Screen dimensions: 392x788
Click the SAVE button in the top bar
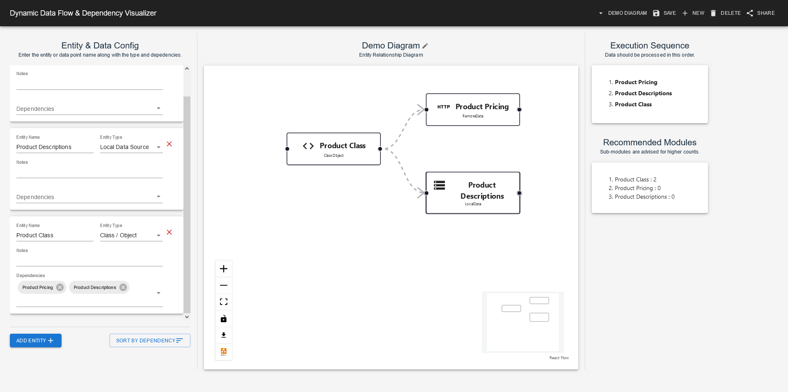[x=664, y=13]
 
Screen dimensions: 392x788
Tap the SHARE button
[x=761, y=13]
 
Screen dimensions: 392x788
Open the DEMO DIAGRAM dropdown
[x=623, y=13]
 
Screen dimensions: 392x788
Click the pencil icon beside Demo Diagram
[x=425, y=46]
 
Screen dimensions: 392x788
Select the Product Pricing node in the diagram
[x=473, y=110]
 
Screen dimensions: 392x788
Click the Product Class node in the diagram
[x=333, y=149]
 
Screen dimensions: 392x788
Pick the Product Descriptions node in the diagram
[x=473, y=193]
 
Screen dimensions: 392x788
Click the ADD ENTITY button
[x=36, y=340]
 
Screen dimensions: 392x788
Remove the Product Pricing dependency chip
[x=60, y=287]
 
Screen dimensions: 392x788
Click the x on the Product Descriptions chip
[x=123, y=287]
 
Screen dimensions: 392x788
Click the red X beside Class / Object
[x=169, y=232]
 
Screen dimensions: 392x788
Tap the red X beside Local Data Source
[x=169, y=144]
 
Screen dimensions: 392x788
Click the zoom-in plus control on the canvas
[x=224, y=269]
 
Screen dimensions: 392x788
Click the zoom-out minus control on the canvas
[x=224, y=285]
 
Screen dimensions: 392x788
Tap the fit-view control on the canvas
[x=224, y=302]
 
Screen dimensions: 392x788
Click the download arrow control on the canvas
[x=224, y=335]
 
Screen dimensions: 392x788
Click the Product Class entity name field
[x=55, y=235]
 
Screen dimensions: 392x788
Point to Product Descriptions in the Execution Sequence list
[x=643, y=93]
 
